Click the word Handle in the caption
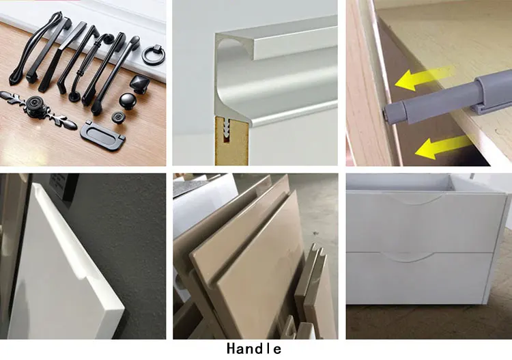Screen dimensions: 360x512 coord(253,349)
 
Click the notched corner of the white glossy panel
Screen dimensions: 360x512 coord(96,277)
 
